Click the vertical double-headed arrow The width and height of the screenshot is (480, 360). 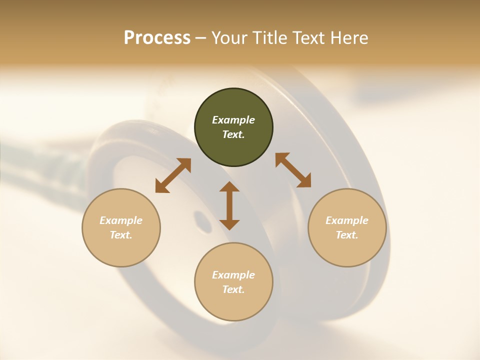(x=229, y=205)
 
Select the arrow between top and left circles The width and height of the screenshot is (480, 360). (x=173, y=175)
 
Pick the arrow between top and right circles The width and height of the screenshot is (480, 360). (x=293, y=170)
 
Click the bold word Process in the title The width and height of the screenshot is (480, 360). (x=157, y=38)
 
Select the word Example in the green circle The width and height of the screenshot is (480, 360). (x=233, y=120)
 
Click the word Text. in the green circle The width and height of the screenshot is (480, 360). (x=233, y=134)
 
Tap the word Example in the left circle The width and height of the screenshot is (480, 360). (x=121, y=220)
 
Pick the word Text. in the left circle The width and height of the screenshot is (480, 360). (x=121, y=235)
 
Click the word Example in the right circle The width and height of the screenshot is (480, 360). (x=347, y=220)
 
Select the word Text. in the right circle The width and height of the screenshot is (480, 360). (x=347, y=235)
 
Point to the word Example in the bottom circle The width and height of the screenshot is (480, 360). (x=233, y=275)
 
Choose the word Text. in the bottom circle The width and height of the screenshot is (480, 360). (x=233, y=289)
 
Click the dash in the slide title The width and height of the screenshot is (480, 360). (x=201, y=38)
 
